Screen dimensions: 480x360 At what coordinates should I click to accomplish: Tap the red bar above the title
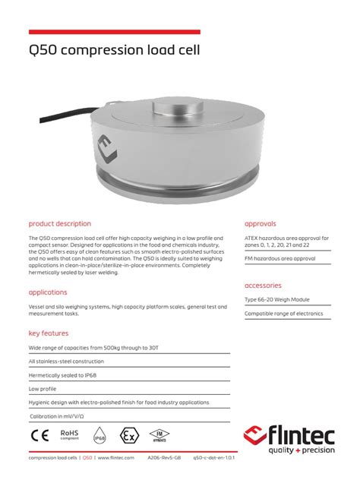[114, 32]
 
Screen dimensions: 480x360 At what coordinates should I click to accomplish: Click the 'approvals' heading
[261, 224]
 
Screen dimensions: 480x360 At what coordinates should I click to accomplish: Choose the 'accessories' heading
[264, 286]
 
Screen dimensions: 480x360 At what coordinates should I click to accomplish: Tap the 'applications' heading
[48, 292]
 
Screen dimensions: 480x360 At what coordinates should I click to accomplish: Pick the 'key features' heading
[49, 333]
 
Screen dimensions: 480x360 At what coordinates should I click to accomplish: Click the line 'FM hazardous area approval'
[279, 259]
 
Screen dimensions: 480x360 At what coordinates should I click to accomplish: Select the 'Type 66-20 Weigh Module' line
[278, 300]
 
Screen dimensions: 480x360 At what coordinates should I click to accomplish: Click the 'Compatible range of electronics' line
[283, 314]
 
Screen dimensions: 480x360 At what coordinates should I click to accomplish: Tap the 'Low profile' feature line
[43, 389]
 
